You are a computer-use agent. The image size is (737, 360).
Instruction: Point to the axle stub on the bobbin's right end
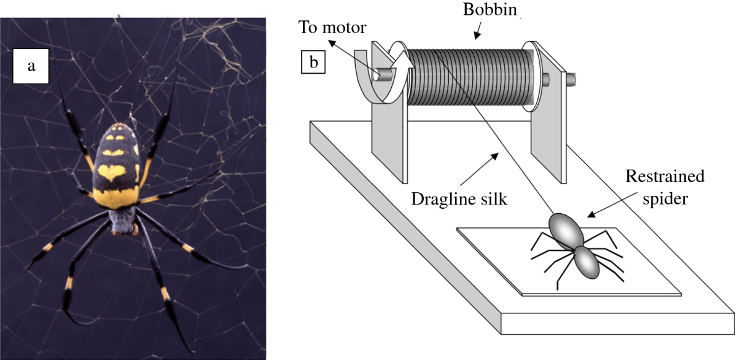571,79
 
